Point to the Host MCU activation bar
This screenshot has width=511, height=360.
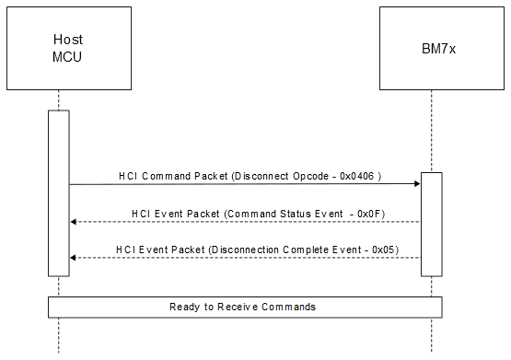[59, 193]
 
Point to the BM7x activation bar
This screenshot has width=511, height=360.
[432, 221]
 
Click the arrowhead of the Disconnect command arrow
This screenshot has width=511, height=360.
[417, 184]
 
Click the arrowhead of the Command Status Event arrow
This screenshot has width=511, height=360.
[74, 221]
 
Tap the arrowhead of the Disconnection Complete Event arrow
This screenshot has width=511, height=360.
[74, 258]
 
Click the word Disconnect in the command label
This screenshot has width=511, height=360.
[265, 175]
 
